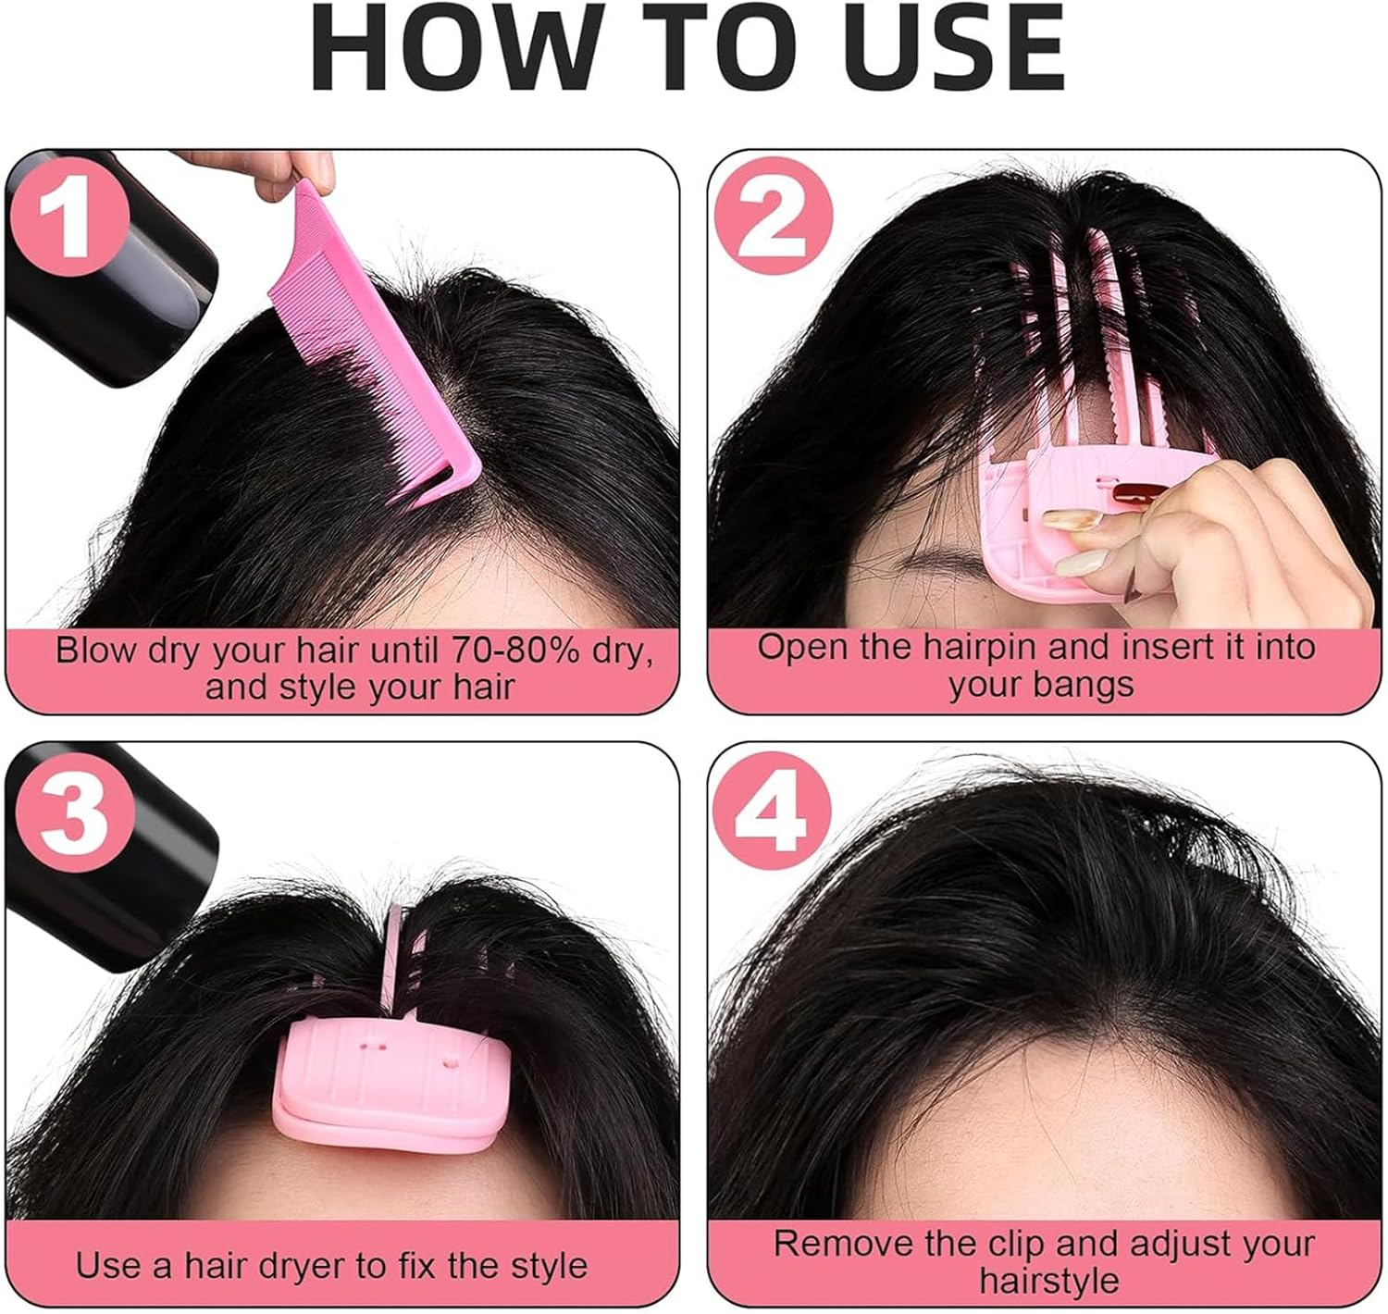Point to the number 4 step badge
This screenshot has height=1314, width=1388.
771,812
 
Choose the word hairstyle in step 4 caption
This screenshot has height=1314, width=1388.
1047,1282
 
